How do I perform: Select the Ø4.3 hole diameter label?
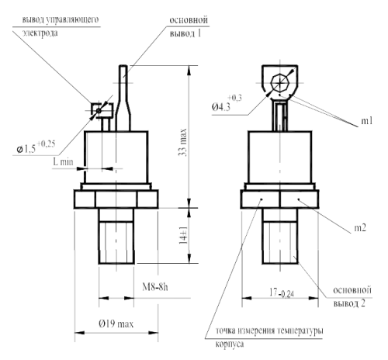click(227, 102)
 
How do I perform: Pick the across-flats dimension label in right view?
click(280, 295)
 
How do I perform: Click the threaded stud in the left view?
click(116, 241)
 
